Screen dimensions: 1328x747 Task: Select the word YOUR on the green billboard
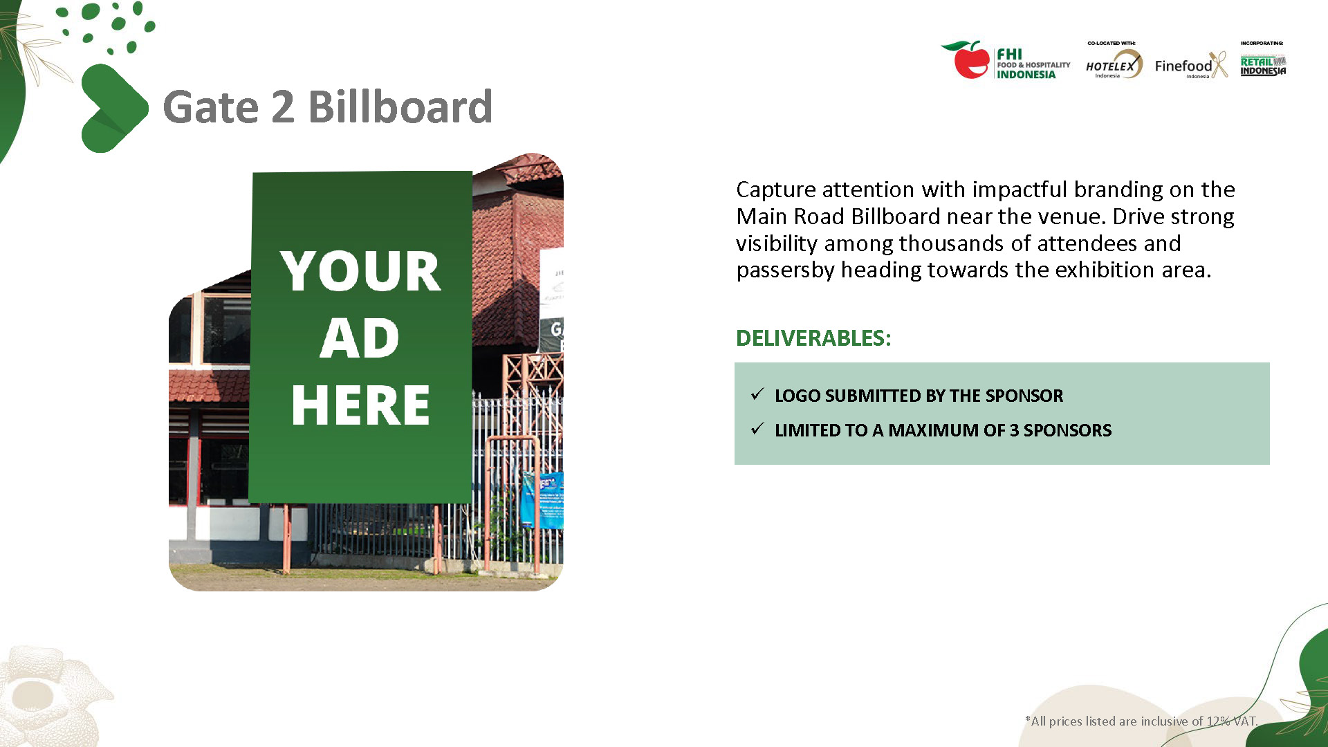coord(360,270)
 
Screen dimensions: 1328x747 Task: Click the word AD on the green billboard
coord(360,338)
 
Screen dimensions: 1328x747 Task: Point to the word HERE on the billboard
coord(360,405)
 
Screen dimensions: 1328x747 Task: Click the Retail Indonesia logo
coord(1263,66)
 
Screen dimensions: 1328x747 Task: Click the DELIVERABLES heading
coord(813,338)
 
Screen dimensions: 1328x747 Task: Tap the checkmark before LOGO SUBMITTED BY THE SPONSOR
coord(757,394)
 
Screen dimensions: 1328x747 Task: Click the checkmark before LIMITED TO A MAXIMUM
coord(757,429)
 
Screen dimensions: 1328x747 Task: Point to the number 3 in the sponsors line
coord(1014,430)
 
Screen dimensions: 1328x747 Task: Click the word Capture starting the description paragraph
coord(776,190)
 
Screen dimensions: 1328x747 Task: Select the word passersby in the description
coord(786,270)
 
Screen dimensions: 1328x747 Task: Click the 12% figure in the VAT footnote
coord(1218,721)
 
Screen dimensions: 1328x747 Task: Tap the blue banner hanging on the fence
coord(543,500)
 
